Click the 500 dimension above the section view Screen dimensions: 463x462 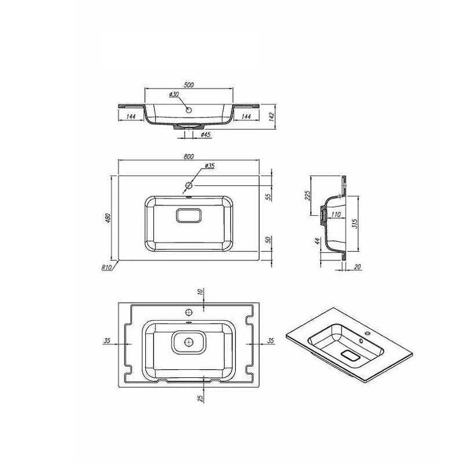coord(188,84)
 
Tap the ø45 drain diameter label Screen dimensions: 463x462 coord(205,135)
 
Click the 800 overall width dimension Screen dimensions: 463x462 coord(189,156)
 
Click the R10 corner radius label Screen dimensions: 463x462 coord(106,267)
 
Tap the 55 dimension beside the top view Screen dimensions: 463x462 coord(268,197)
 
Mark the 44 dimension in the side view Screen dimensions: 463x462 coord(318,241)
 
